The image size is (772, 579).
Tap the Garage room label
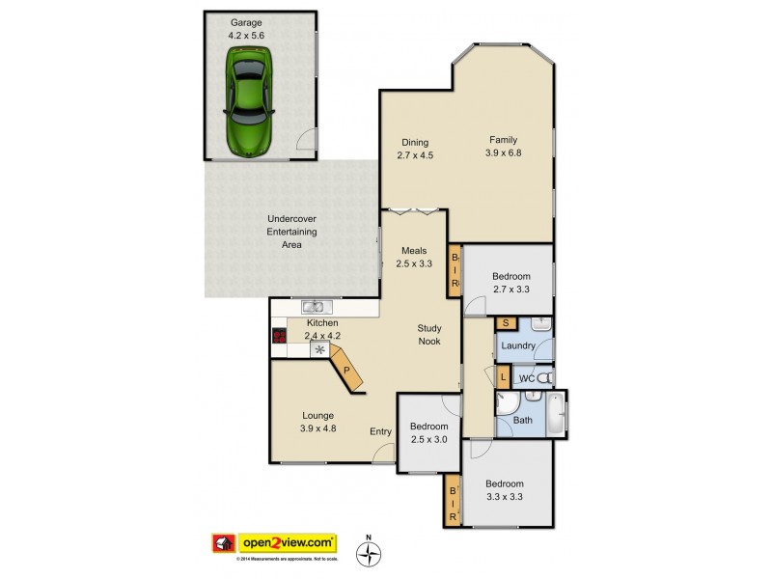coord(246,21)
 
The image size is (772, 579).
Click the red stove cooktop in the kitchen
coord(280,337)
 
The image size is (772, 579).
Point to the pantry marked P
coord(346,369)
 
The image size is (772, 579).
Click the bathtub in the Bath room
coord(554,413)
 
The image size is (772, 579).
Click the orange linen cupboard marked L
coord(504,376)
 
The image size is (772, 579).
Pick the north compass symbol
coord(368,553)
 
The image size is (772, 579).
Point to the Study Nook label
coord(429,335)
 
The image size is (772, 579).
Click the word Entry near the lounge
coord(381,431)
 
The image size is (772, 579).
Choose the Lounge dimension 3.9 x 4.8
coord(317,428)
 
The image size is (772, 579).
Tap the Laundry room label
coord(519,345)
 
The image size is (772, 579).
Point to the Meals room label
coord(416,251)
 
